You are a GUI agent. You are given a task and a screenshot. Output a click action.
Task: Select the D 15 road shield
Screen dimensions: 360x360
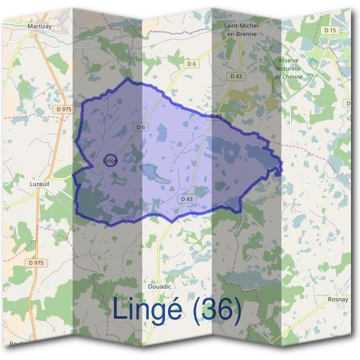(x=328, y=29)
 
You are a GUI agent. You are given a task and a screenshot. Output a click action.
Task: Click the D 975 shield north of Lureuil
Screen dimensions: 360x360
(x=63, y=109)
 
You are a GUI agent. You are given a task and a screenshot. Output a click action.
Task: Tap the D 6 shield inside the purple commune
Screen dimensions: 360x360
(x=141, y=127)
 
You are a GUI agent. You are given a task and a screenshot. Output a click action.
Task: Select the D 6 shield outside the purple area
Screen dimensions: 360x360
(x=192, y=63)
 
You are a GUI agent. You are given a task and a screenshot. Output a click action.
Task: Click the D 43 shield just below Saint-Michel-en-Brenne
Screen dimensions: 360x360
(x=236, y=76)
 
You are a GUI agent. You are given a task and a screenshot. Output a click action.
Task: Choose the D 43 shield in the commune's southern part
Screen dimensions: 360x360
(x=186, y=199)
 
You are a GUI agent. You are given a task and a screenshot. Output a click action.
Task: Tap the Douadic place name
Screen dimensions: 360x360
(x=159, y=287)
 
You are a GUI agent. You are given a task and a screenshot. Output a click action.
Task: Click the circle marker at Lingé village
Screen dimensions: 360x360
(x=110, y=160)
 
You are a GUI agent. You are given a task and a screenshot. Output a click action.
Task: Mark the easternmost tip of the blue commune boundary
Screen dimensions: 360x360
(x=281, y=171)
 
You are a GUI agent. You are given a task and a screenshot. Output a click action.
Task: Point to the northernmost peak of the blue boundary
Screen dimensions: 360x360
(x=127, y=79)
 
